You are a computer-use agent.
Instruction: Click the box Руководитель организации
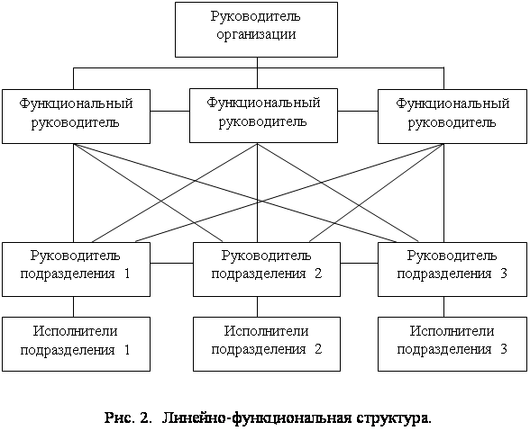pos(256,30)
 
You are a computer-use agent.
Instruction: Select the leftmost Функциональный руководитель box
pos(76,116)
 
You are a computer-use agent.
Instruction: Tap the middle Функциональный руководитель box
pos(263,115)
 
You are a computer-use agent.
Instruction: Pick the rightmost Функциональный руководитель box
pos(452,116)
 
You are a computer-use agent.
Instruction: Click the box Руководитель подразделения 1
pos(76,269)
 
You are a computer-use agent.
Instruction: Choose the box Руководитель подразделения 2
pos(267,269)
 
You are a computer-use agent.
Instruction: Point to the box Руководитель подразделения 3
pos(452,269)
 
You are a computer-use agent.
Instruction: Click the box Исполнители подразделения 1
pos(76,344)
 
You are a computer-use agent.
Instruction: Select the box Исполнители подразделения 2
pos(267,344)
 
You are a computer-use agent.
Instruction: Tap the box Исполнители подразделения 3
pos(452,344)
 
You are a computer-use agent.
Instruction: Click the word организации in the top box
pos(256,35)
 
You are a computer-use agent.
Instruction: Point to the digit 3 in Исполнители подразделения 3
pos(504,349)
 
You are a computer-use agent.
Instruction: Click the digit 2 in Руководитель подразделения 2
pos(318,274)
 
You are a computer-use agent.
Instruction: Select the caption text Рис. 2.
pos(127,418)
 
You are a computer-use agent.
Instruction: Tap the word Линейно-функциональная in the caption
pos(257,418)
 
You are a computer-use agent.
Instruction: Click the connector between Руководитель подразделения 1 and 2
pos(171,263)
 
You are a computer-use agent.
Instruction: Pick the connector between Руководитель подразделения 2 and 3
pos(359,263)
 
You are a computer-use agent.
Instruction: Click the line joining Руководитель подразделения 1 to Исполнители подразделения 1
pos(73,307)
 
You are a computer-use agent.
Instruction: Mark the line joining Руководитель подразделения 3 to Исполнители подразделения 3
pos(443,307)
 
